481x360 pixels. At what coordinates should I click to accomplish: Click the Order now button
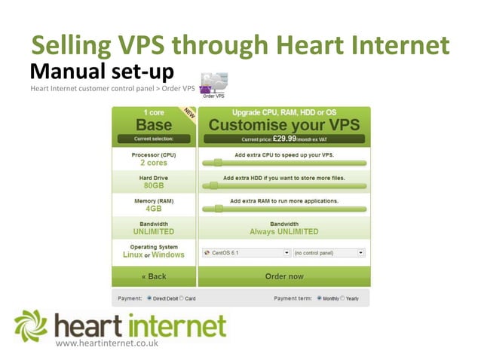point(283,276)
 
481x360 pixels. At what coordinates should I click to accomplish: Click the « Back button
point(154,276)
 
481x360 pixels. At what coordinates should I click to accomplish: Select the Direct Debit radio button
point(149,298)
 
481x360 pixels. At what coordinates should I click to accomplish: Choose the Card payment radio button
point(181,298)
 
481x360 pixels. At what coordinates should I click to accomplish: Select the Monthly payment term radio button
point(319,298)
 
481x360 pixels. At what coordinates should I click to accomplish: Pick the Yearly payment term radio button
point(344,298)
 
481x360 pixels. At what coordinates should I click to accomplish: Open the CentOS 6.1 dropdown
point(244,253)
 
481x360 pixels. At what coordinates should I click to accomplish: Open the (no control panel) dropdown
point(329,253)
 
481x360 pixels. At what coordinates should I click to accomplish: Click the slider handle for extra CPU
point(218,162)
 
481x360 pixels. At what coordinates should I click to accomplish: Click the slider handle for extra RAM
point(218,209)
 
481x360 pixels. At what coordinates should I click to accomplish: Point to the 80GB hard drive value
point(154,185)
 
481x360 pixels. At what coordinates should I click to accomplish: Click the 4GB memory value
point(154,209)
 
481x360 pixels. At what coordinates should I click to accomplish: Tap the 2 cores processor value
point(154,162)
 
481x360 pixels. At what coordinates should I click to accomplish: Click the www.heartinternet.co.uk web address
point(106,343)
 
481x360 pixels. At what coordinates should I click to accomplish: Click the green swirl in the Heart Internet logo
point(32,325)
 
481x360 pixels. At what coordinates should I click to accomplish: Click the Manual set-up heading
point(102,72)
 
